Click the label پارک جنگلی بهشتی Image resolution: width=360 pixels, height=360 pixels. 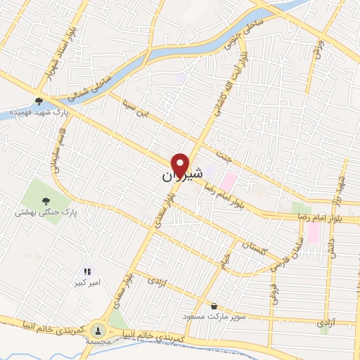[x=46, y=210]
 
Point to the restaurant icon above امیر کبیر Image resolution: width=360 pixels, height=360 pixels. [x=87, y=271]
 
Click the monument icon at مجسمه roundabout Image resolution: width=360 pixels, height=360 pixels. [x=98, y=328]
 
